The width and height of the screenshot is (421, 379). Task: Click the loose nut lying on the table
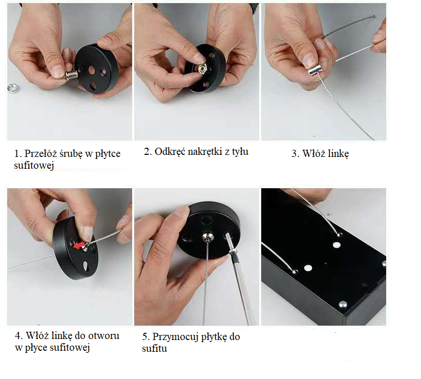coord(12,87)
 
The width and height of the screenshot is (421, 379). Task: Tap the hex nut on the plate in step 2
coord(202,69)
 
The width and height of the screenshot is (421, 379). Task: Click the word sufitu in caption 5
coord(154,348)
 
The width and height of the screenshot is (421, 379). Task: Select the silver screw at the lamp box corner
coord(343,304)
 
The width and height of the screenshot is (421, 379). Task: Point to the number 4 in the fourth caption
coord(18,336)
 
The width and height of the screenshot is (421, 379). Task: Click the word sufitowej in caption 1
coord(34,166)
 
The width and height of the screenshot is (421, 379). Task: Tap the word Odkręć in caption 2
coord(170,151)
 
